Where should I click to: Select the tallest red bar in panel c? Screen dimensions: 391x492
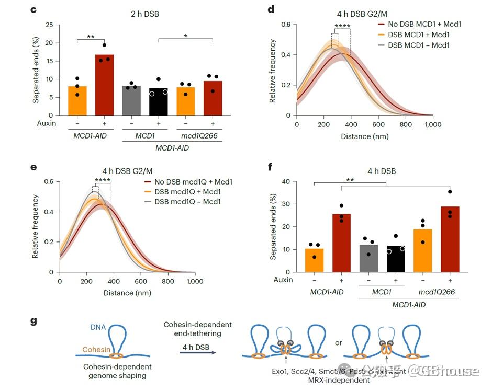[104, 85]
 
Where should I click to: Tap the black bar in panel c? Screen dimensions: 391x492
[158, 102]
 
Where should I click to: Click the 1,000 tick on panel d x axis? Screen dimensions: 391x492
[432, 125]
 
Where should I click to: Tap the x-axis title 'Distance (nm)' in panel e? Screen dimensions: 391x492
[127, 293]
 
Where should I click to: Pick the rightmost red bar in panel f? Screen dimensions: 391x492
[450, 239]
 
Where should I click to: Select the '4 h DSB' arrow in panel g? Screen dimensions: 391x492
[197, 353]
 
